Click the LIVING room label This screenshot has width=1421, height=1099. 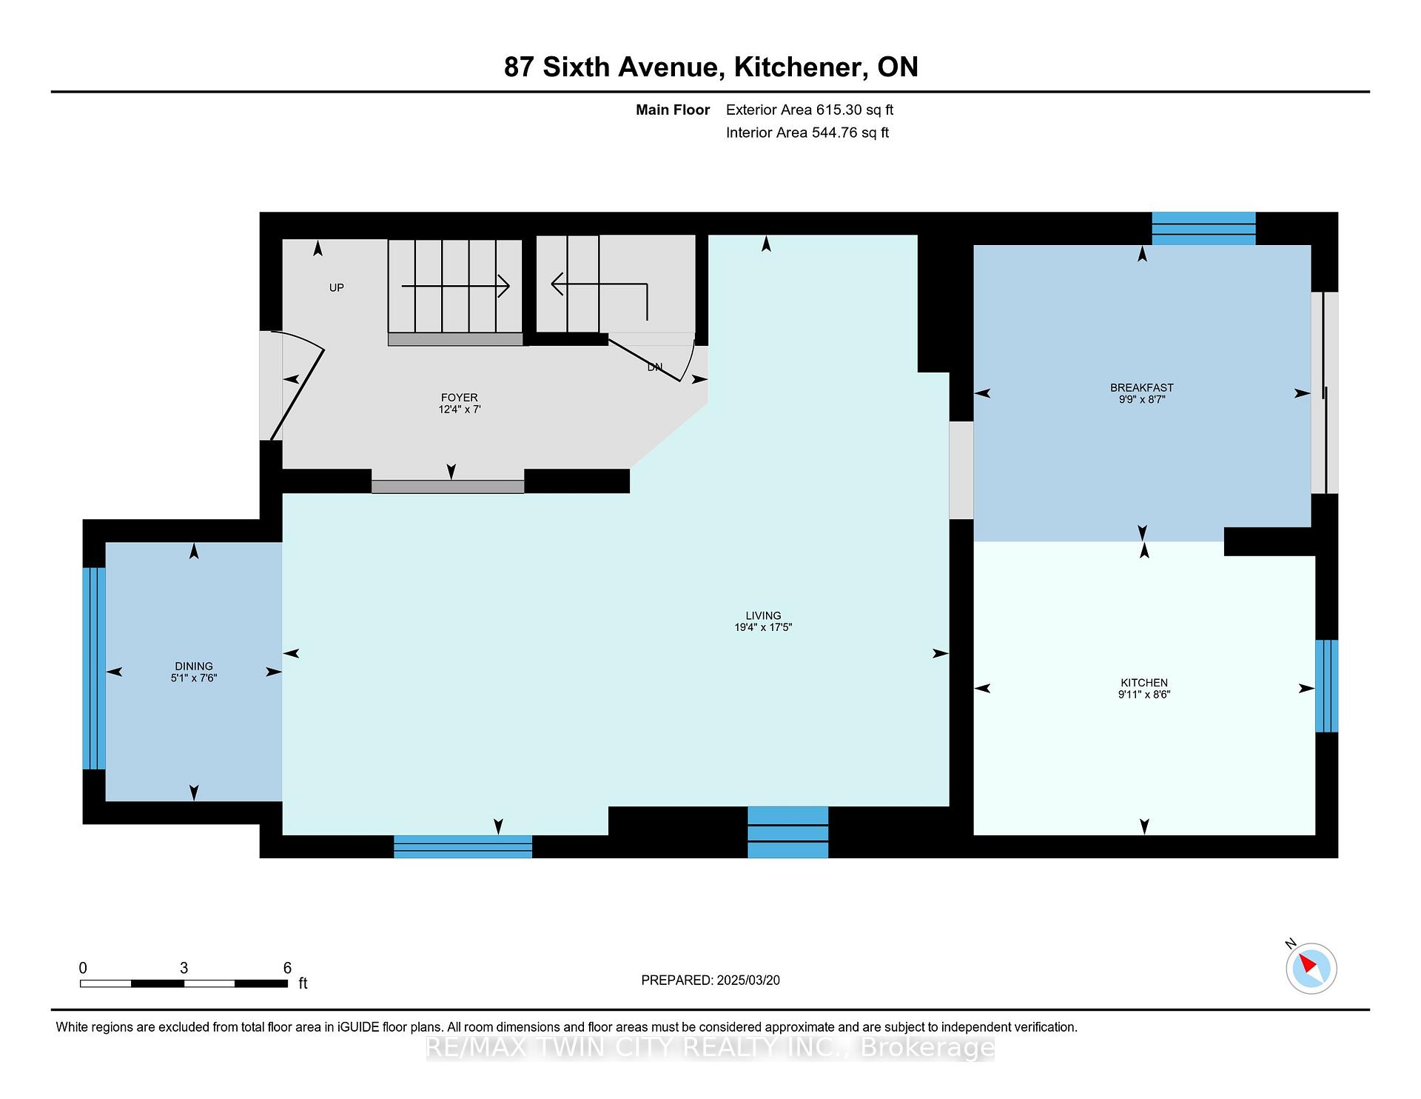point(763,615)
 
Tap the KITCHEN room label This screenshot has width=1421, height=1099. point(1144,683)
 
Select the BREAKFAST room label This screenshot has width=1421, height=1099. point(1142,387)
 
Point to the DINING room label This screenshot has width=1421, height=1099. point(194,666)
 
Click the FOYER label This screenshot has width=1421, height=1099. point(459,398)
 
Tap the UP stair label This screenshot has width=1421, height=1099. point(337,287)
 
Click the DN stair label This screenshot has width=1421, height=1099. point(655,367)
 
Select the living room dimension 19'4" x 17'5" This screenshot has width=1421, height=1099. point(763,627)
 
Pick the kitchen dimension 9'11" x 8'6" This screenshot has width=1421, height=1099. point(1144,695)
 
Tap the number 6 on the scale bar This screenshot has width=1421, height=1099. point(287,968)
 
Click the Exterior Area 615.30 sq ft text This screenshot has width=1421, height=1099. point(810,110)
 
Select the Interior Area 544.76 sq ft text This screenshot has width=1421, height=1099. point(807,133)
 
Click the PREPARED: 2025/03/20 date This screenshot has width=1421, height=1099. point(710,980)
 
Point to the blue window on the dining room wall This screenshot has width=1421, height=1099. point(94,669)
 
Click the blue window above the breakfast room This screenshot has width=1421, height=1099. point(1204,228)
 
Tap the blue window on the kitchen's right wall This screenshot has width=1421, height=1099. point(1326,686)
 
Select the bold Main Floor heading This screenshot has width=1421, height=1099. point(673,110)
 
